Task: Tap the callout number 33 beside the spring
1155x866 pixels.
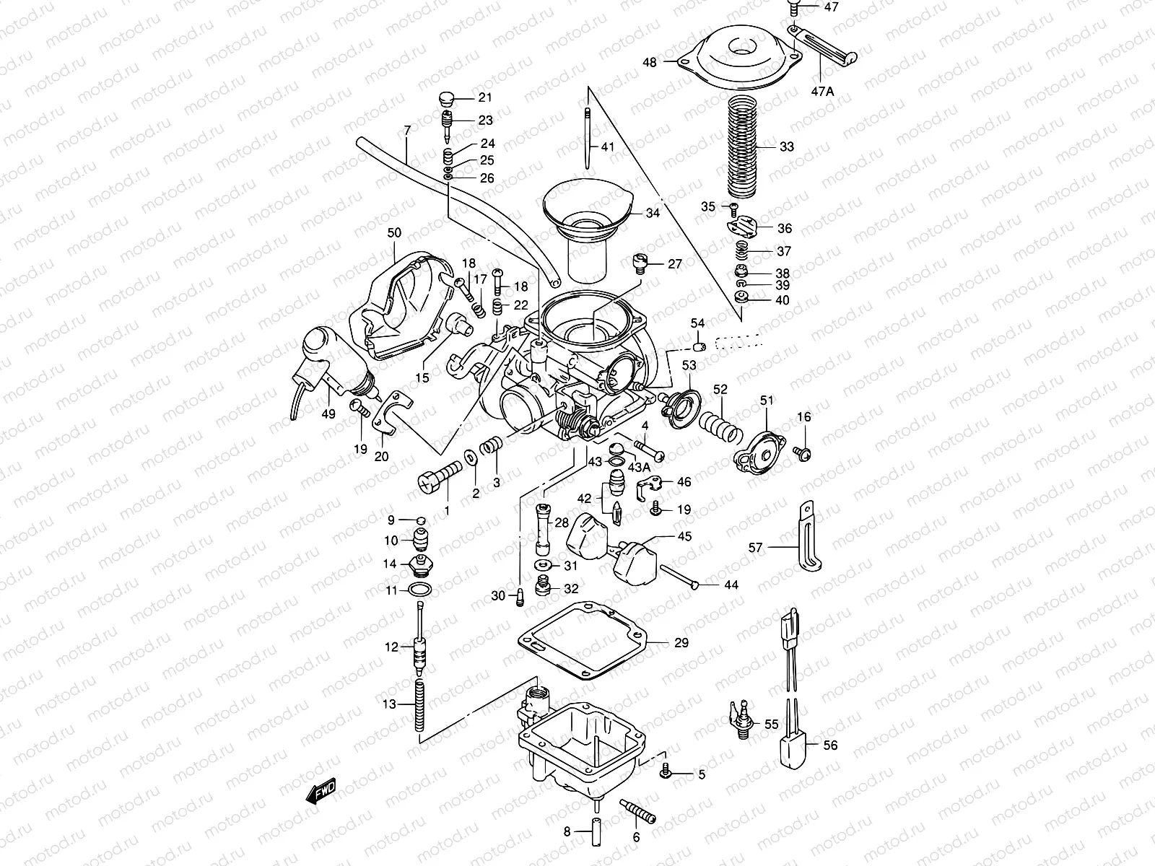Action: coord(786,146)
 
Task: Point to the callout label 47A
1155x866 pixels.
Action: coord(821,92)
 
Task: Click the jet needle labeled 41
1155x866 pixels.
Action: coord(588,137)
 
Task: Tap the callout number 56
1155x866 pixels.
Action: coord(830,745)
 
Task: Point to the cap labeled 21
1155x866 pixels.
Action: coord(446,97)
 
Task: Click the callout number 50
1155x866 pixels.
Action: coord(394,233)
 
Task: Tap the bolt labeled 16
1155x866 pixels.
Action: coord(802,453)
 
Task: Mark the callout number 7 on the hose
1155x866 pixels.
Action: coord(407,131)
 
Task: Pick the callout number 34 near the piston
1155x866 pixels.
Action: coord(653,213)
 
